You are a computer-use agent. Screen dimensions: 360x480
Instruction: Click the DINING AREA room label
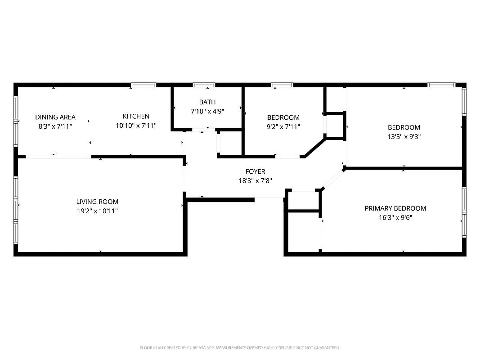[x=55, y=117]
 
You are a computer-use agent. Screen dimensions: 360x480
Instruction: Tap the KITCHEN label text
[x=136, y=116]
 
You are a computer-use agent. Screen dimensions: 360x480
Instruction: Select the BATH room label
[x=207, y=102]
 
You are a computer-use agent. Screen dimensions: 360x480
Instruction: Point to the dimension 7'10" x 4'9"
[x=207, y=111]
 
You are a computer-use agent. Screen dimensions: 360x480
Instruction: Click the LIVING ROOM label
[x=97, y=202]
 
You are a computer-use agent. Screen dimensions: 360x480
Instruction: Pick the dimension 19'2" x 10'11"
[x=97, y=211]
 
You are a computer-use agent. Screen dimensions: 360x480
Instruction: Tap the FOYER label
[x=255, y=171]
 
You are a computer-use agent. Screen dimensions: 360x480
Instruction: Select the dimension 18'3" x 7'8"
[x=255, y=180]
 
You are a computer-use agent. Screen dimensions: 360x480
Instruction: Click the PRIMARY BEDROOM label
[x=395, y=208]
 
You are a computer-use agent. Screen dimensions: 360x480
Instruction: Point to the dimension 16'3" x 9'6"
[x=395, y=217]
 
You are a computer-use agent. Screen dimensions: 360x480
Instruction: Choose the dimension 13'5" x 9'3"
[x=404, y=136]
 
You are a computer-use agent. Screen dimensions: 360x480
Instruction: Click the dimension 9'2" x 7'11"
[x=283, y=126]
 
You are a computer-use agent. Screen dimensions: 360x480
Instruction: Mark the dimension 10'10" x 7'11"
[x=136, y=126]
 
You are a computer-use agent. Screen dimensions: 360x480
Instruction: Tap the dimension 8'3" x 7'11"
[x=55, y=126]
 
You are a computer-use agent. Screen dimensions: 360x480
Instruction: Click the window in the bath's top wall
[x=204, y=85]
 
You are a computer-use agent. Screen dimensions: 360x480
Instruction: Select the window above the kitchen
[x=144, y=85]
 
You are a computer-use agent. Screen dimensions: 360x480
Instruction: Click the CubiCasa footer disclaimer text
[x=240, y=348]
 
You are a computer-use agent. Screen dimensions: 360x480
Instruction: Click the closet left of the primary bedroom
[x=304, y=231]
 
